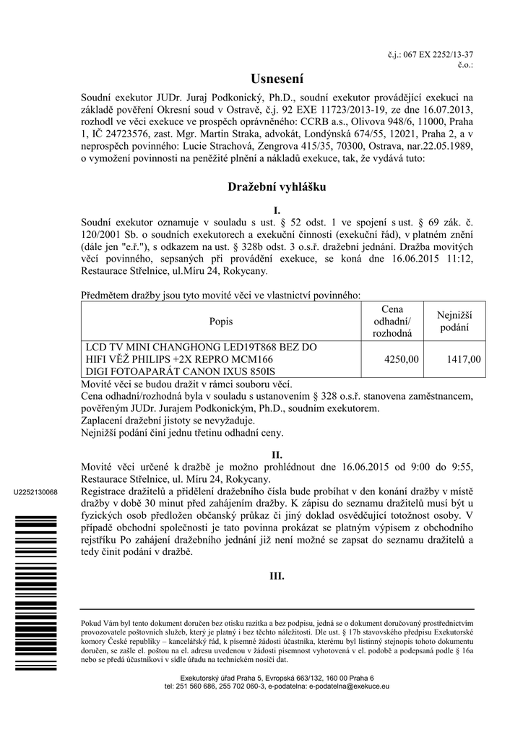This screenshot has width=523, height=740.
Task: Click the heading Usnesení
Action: (277, 77)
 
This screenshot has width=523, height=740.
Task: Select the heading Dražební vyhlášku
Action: (277, 187)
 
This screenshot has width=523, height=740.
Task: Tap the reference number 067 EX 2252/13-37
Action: (442, 55)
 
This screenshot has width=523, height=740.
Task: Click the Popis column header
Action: (221, 322)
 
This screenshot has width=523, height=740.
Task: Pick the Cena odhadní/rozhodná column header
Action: (392, 322)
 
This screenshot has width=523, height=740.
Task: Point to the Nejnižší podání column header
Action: (454, 322)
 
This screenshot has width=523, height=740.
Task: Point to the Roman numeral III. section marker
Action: (277, 577)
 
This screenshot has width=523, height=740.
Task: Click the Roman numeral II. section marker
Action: (277, 455)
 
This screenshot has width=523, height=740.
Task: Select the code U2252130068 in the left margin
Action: (35, 492)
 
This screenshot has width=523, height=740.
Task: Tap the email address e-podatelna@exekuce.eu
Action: (349, 686)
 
